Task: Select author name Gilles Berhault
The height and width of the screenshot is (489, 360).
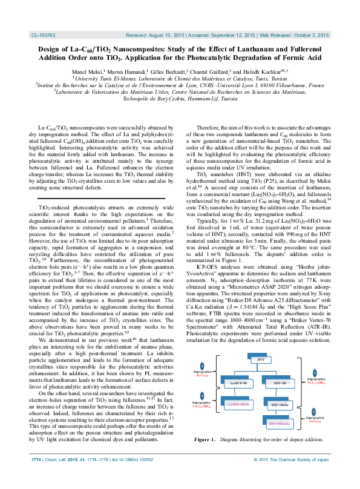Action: coord(164,71)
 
